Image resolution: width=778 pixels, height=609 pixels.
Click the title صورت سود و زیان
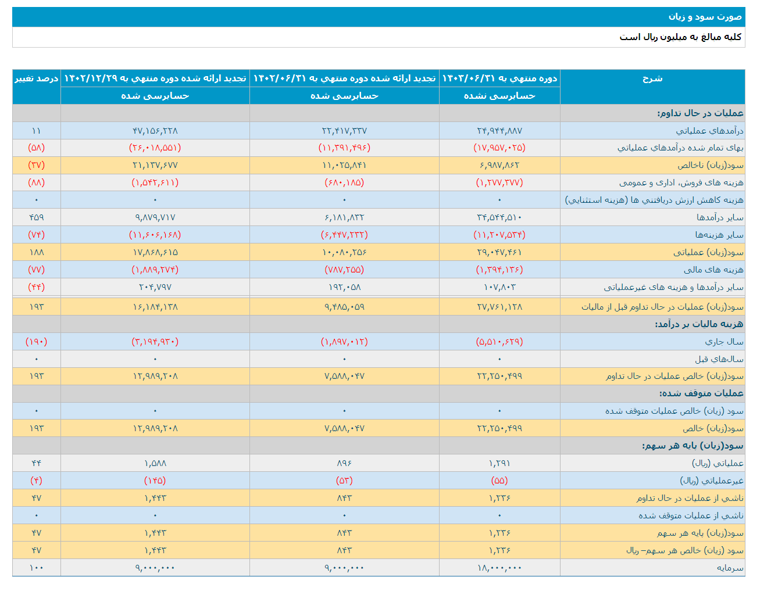pos(705,17)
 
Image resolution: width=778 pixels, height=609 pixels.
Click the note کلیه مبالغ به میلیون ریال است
pos(680,37)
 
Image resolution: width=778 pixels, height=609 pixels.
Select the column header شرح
pos(652,78)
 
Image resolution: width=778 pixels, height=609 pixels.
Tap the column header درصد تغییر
pos(37,78)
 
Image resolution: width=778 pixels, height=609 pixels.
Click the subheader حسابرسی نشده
pos(499,96)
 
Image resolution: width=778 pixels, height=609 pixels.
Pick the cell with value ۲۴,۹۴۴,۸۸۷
pos(499,131)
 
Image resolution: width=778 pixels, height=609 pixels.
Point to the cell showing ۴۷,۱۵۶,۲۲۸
pos(155,131)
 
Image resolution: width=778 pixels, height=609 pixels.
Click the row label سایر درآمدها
pos(720,217)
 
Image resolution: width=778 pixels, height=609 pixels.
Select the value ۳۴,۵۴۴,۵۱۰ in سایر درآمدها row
pos(499,217)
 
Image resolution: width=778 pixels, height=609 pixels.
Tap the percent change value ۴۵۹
pos(37,217)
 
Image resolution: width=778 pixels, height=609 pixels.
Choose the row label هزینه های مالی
pos(713,270)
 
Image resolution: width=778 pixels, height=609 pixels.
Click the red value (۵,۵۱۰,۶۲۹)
pos(499,342)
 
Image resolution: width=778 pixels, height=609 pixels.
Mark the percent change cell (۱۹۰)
pos(37,342)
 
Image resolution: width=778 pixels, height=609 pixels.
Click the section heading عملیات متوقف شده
pos(701,393)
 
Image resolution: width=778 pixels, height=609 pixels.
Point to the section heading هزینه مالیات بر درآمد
pos(698,324)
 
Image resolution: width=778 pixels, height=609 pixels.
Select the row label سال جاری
pos(724,342)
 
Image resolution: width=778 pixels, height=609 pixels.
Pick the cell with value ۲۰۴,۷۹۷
pos(155,287)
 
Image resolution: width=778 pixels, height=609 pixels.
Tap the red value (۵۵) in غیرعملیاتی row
pos(499,481)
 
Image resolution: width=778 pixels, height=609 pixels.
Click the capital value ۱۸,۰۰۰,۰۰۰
pos(499,568)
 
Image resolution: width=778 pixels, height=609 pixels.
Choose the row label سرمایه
pos(730,568)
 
